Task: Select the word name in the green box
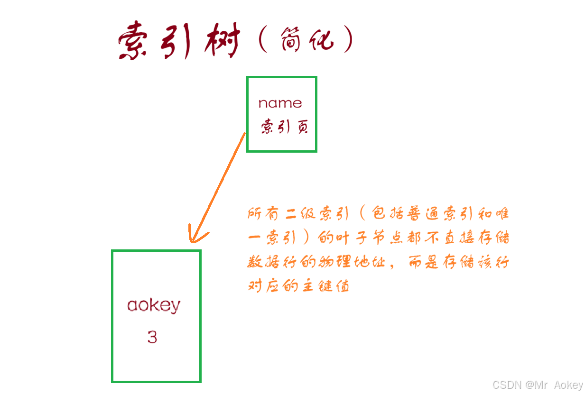tap(280, 103)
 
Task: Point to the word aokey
tap(154, 306)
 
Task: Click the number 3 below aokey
tap(152, 338)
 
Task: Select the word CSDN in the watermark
tap(507, 385)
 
